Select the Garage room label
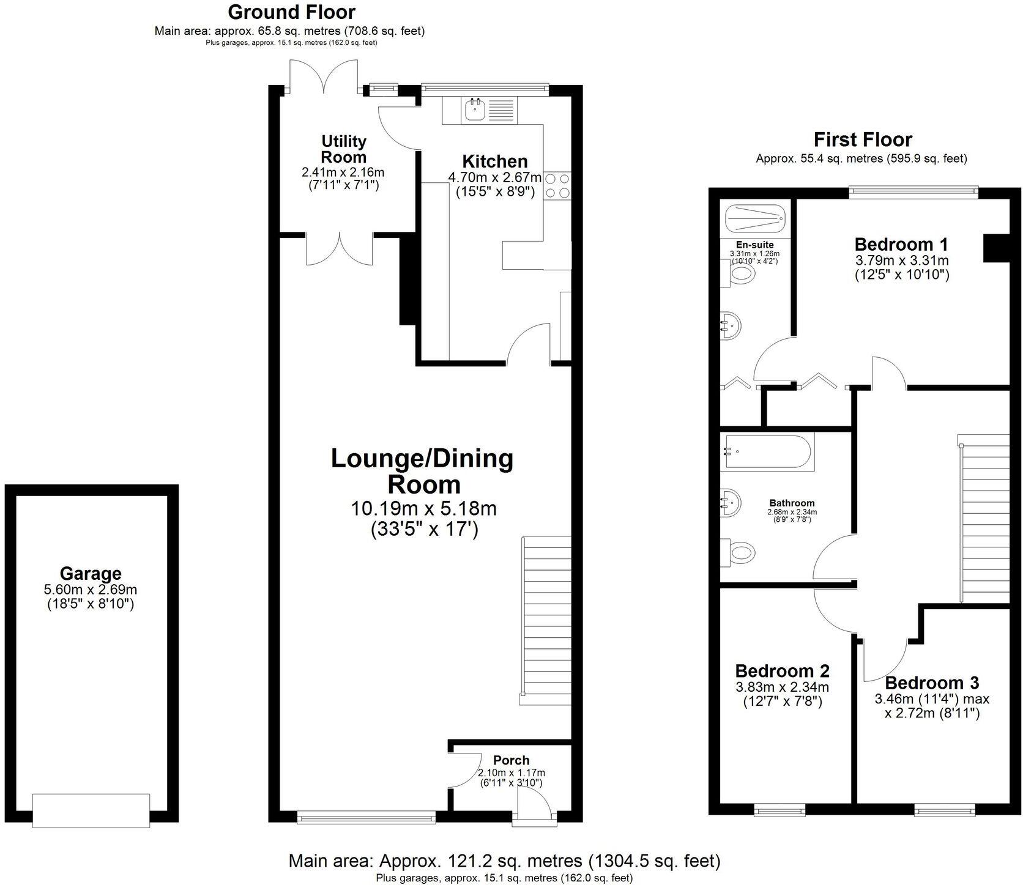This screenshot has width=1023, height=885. pyautogui.click(x=91, y=574)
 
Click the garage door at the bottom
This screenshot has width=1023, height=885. pyautogui.click(x=91, y=810)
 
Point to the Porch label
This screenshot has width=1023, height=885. pyautogui.click(x=511, y=760)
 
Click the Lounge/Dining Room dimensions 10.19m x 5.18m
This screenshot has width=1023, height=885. pyautogui.click(x=423, y=508)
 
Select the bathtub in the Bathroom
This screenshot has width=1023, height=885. pyautogui.click(x=765, y=452)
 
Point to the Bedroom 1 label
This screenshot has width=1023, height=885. pyautogui.click(x=901, y=245)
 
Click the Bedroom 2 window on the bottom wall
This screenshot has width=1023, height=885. pyautogui.click(x=781, y=810)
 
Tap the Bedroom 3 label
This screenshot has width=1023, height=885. pyautogui.click(x=932, y=683)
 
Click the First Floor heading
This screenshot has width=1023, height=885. pyautogui.click(x=863, y=139)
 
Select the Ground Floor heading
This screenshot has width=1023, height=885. pyautogui.click(x=291, y=12)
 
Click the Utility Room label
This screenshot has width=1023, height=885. pyautogui.click(x=343, y=149)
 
